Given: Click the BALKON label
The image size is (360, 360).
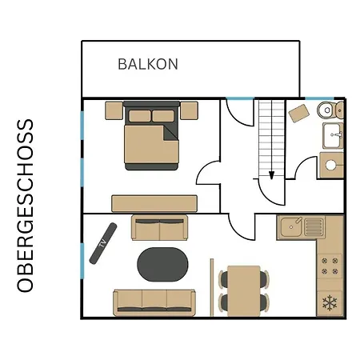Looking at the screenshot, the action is coord(148,64).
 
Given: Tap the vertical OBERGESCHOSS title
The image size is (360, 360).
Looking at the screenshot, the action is coord(26,206).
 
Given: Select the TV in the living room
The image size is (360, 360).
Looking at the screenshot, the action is coord(103,243).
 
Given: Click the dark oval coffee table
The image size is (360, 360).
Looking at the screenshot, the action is coord(162,265).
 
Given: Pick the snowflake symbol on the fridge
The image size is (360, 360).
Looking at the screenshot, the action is coord(330,302).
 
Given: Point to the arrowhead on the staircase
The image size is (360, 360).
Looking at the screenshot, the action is coord(271,175).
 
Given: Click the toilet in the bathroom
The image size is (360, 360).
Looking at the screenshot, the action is coord(330,110).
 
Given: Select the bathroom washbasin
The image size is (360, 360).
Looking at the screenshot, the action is coord(333,135).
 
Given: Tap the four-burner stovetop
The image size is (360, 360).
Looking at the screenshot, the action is coord(330,266).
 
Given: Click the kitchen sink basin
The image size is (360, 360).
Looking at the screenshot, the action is coord(291,227).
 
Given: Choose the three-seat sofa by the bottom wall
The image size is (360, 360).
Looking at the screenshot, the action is coord(154,302).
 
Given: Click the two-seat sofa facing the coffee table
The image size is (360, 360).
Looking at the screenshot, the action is coord(159,228).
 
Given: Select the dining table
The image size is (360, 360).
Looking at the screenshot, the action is coord(244,291).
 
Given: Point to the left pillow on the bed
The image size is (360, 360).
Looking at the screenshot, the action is coord(140,116).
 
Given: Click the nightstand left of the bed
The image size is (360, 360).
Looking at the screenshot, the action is coord(114,110).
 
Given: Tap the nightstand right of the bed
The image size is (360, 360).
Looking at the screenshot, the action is coord(189,110).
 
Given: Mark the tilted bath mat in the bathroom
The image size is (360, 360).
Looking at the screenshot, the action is coord(299,114).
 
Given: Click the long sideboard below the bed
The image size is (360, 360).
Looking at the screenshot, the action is coord(154,204).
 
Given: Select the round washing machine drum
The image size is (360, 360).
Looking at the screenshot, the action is coord(330,165).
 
